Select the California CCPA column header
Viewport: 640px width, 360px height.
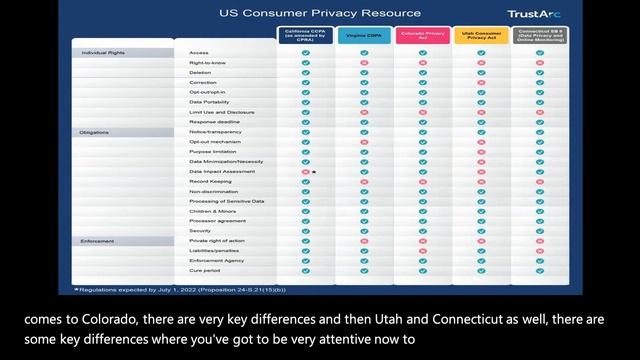pos(306,35)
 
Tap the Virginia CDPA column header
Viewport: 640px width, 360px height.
pos(363,35)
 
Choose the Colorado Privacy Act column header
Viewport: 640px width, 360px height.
pos(422,35)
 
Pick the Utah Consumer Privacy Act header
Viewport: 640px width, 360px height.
pos(480,35)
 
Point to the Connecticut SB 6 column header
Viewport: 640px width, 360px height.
pos(539,35)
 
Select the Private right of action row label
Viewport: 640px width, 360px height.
pos(216,241)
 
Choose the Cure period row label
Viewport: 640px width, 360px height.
pos(204,271)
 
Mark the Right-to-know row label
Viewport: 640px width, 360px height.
pos(207,62)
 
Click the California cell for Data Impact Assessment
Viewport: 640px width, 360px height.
pos(306,172)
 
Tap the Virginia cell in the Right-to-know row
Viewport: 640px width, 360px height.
pos(364,62)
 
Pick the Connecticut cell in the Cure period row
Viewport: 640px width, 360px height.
pos(539,271)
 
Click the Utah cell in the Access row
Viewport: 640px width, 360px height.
pos(481,52)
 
